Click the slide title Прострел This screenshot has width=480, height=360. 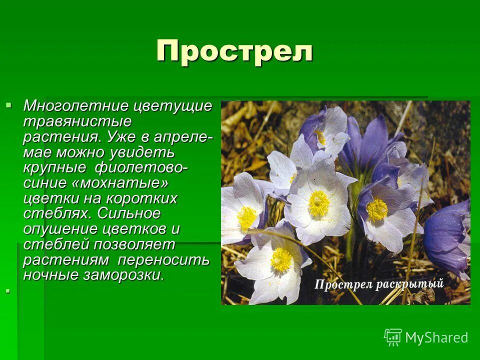(234, 50)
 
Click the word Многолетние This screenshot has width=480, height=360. (75, 106)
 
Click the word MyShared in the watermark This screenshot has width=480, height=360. (436, 337)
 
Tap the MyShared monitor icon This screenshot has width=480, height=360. (393, 337)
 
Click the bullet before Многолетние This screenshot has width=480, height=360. (8, 105)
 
